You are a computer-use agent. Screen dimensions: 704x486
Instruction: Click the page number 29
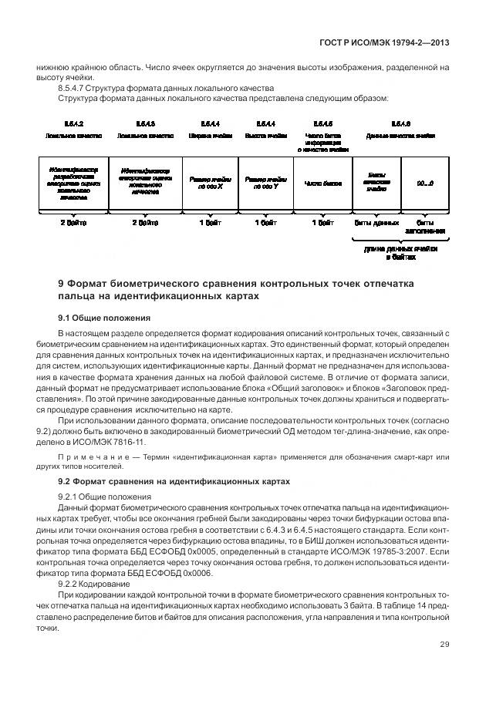(444, 665)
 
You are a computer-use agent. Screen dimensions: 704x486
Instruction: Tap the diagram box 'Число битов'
(323, 184)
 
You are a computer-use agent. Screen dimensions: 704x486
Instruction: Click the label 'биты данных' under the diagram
(376, 223)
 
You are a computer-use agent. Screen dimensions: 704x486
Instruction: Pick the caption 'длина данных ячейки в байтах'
(400, 254)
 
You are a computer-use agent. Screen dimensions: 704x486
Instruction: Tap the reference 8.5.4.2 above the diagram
(74, 123)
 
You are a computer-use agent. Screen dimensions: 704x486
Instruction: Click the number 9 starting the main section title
(61, 284)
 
